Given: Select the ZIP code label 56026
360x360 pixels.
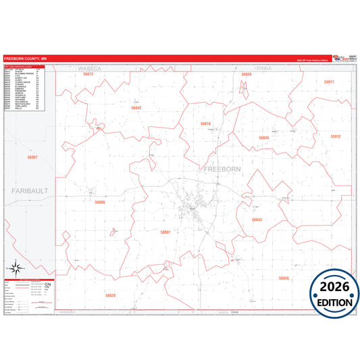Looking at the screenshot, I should point(247,74).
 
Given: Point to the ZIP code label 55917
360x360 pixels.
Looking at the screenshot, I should point(328,82).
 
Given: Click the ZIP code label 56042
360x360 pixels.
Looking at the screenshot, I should point(136,108).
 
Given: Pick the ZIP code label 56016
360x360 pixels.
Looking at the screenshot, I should point(205,124).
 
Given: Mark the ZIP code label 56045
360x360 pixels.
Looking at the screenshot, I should point(263,137).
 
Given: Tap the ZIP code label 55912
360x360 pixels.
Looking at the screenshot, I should point(336,136).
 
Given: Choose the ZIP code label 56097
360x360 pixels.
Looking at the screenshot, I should point(32,157).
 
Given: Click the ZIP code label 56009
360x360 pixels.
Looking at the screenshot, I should point(100,202).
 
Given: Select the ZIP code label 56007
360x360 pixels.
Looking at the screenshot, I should point(165,232).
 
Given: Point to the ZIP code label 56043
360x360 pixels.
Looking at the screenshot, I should point(257,220).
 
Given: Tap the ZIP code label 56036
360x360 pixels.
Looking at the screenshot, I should point(284,278).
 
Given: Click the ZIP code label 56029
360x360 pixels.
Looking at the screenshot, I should point(111,295).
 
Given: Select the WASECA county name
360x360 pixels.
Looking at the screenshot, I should point(88,69).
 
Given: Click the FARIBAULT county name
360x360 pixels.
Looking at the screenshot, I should point(30,191).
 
